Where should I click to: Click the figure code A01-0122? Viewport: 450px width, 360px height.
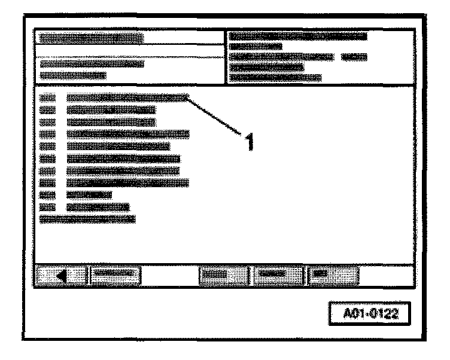(369, 313)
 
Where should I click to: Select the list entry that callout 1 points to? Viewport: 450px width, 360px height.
(128, 97)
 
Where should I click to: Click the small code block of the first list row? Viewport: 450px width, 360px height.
(47, 97)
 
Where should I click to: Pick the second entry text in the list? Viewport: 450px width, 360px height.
(111, 110)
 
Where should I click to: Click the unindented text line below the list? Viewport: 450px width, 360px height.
(87, 219)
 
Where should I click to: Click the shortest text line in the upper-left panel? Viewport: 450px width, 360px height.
(72, 76)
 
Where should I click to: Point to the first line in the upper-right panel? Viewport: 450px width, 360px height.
(297, 37)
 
